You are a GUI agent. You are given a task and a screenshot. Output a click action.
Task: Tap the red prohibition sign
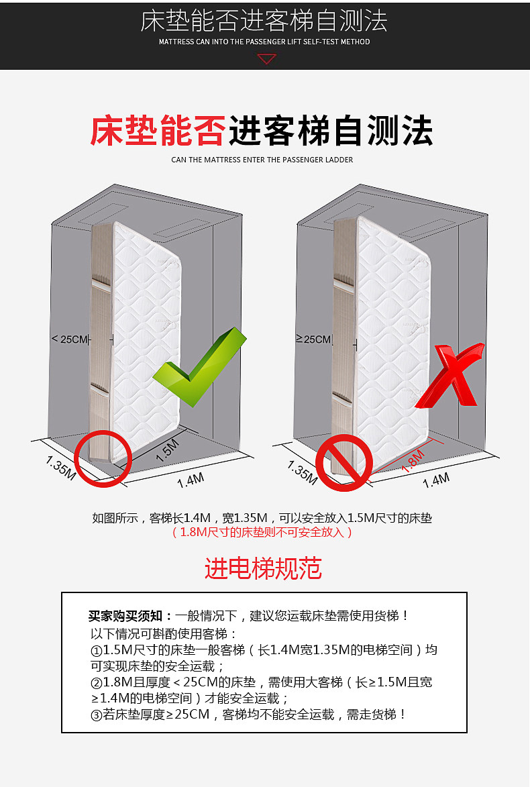click(344, 462)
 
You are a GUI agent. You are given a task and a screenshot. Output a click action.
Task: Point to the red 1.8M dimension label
click(413, 461)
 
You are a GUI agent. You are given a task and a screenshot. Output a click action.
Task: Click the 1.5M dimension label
click(167, 450)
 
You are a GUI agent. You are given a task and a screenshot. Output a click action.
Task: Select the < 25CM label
click(70, 339)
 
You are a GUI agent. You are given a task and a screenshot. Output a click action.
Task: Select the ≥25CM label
click(313, 339)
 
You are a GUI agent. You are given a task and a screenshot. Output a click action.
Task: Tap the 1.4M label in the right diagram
click(436, 480)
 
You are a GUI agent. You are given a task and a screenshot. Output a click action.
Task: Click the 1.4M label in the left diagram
click(191, 480)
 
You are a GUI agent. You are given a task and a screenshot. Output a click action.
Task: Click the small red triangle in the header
click(266, 59)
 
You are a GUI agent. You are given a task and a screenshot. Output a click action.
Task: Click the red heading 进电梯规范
click(264, 569)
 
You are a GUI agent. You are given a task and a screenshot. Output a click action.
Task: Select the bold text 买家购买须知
click(125, 616)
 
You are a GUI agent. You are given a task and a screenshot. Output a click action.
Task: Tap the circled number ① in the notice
click(97, 651)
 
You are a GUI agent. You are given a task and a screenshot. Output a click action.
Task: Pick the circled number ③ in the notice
click(97, 715)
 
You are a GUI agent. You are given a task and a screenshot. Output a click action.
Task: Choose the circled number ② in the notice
click(97, 682)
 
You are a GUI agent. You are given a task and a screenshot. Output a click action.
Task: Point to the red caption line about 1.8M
click(262, 532)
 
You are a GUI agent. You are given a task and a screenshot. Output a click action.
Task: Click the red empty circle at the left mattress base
click(103, 458)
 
